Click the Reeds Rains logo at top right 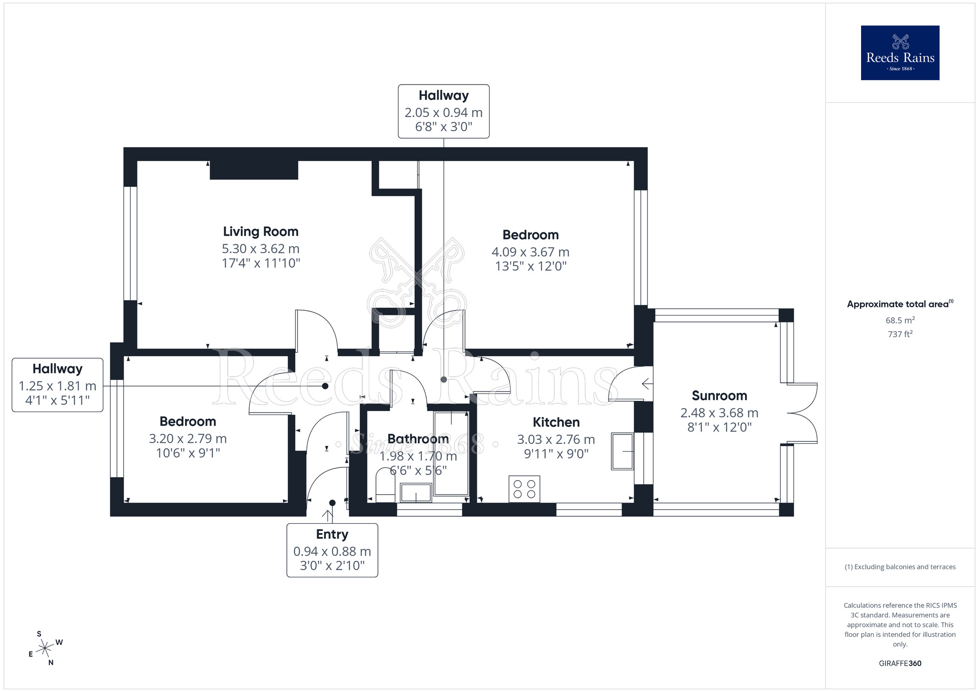pos(900,53)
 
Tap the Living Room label pos(260,231)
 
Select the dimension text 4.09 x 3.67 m pos(530,252)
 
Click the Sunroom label pos(719,395)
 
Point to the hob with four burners pos(524,488)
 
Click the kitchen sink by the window pos(622,451)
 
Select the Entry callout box pos(332,550)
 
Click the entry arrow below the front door pos(327,515)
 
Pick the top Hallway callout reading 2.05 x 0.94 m pos(443,111)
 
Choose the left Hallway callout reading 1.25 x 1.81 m pos(57,385)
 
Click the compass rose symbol pos(45,648)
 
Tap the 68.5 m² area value pos(900,320)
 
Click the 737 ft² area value pos(900,334)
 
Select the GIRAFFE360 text pos(900,663)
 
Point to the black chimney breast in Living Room pos(254,170)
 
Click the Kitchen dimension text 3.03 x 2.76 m pos(556,439)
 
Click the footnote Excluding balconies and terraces pos(900,567)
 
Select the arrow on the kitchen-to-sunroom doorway pos(647,384)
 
